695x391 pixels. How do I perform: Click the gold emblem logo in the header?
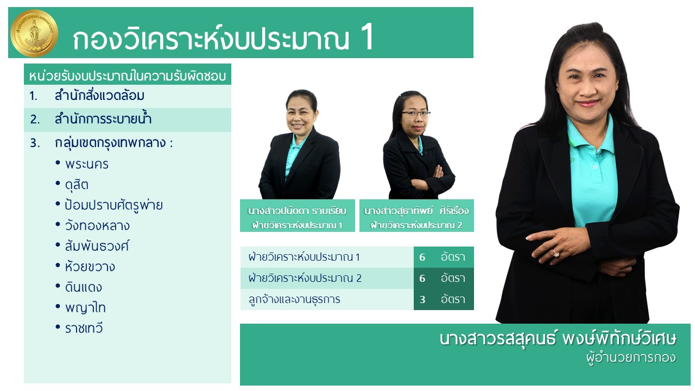[x=34, y=33]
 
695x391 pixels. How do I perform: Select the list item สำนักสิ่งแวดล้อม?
[x=99, y=96]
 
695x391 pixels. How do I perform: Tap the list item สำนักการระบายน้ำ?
[x=103, y=119]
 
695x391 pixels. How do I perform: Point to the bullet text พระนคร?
[x=87, y=164]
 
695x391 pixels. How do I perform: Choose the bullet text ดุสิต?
[x=77, y=185]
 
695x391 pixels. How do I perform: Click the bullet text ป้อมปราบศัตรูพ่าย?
[x=113, y=205]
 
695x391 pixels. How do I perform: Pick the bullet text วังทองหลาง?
[x=97, y=225]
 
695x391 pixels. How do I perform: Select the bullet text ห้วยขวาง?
[x=90, y=267]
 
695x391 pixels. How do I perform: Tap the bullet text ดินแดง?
[x=84, y=287]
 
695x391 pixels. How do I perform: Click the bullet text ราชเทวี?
[x=84, y=329]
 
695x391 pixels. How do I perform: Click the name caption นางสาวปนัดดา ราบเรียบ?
[x=297, y=211]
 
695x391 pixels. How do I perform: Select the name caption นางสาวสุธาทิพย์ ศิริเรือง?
[x=416, y=211]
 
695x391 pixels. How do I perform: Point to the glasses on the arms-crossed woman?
[x=415, y=114]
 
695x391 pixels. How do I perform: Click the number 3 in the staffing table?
[x=422, y=299]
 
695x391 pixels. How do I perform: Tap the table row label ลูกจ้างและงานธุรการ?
[x=294, y=299]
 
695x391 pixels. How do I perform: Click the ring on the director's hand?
[x=555, y=253]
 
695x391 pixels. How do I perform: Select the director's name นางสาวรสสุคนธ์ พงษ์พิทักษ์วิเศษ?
[x=558, y=339]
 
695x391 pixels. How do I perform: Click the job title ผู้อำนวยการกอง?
[x=631, y=358]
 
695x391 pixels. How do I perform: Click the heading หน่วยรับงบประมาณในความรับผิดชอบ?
[x=128, y=76]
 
